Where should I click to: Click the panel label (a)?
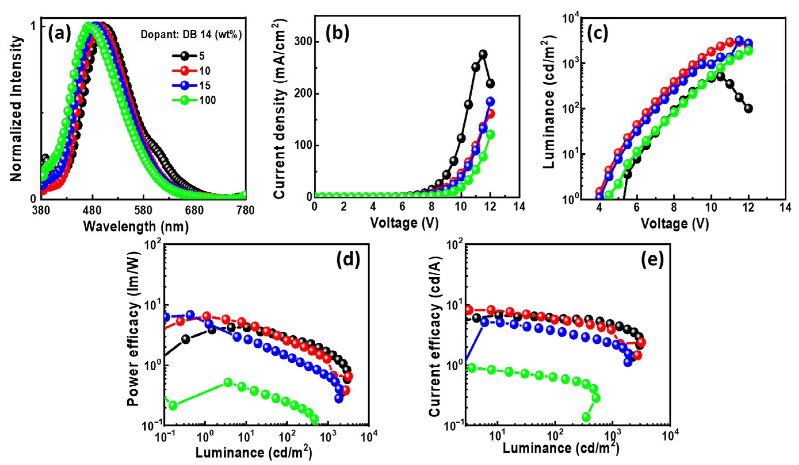[59, 34]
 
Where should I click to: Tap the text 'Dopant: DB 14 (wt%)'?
[191, 35]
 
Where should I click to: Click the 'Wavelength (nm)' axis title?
[136, 227]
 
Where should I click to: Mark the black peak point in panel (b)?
[483, 54]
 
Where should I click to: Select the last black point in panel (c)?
[749, 109]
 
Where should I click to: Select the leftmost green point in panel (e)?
[472, 368]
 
